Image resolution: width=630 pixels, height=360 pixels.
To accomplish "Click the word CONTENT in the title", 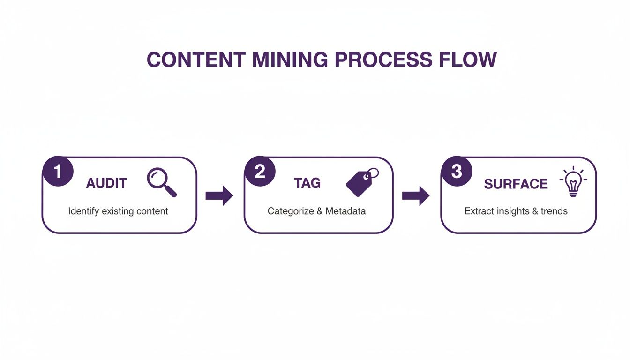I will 195,60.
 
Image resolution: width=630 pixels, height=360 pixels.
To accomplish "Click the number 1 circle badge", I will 58,172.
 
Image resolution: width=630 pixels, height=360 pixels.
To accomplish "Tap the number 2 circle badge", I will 260,172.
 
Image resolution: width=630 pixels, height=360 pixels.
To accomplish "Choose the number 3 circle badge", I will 457,172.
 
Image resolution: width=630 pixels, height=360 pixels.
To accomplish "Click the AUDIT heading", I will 106,183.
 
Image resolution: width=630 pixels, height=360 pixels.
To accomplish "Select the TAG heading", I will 307,183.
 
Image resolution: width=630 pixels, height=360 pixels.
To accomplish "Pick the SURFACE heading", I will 516,184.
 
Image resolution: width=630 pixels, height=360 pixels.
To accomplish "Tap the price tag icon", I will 361,182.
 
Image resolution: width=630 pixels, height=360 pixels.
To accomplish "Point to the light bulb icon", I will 573,182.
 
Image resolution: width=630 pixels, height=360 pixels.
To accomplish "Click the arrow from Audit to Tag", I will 219,195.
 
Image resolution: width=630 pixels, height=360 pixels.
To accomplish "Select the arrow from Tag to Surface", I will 416,195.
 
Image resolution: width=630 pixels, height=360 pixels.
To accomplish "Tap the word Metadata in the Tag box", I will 345,211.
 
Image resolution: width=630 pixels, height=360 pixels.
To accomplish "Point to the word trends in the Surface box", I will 554,211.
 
